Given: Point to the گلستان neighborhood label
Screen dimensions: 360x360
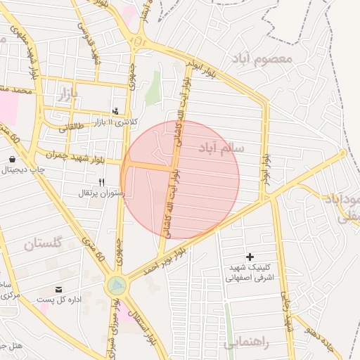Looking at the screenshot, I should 44,244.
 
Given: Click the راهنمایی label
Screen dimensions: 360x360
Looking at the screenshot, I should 246,344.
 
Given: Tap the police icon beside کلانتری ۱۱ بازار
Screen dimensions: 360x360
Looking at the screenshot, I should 116,110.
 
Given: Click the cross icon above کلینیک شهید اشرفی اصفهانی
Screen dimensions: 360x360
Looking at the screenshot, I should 250,257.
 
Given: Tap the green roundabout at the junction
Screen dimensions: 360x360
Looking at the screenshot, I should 116,285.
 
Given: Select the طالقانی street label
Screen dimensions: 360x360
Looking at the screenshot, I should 71,127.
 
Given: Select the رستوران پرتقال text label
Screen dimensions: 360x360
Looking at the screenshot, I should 103,192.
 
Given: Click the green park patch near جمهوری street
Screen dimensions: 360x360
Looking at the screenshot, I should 153,88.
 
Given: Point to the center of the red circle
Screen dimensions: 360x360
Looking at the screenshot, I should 181,180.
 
